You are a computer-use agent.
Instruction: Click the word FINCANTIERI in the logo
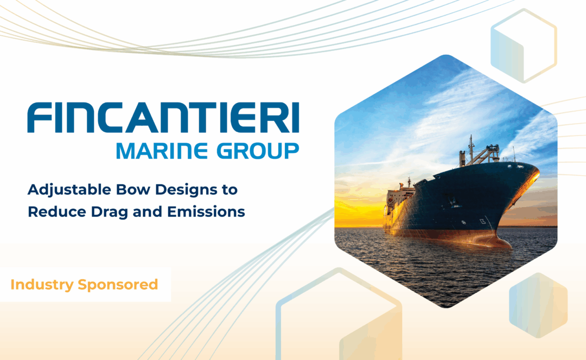tap(163, 118)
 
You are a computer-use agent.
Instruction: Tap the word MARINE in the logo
tap(162, 151)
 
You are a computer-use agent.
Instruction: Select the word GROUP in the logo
tap(258, 151)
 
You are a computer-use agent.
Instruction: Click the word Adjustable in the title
tap(69, 190)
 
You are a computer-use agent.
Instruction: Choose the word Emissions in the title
tap(206, 212)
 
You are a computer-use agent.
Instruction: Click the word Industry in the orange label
tap(42, 285)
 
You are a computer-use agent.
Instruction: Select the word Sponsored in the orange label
tap(118, 285)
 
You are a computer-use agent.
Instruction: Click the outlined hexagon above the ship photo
tap(524, 46)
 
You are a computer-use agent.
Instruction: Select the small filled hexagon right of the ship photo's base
tap(538, 305)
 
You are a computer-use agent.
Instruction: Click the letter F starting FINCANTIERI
tap(39, 118)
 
